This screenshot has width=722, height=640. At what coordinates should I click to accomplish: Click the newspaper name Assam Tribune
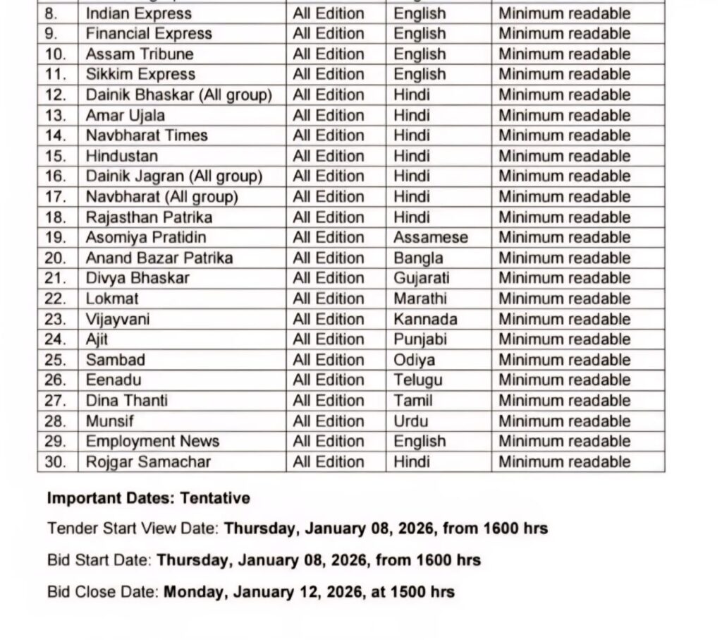click(139, 54)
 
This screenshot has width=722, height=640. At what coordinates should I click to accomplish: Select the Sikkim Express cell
click(140, 74)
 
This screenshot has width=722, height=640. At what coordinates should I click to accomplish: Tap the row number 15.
click(55, 156)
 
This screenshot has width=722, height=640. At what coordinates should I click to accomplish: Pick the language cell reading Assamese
click(430, 237)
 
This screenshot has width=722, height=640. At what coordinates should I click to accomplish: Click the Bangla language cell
click(418, 258)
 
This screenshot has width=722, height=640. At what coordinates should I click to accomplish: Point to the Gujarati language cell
click(421, 278)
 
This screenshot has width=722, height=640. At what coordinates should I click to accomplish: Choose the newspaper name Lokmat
click(112, 298)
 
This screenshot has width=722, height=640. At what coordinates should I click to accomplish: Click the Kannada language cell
click(425, 319)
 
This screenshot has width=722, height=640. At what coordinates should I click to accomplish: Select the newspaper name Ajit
click(97, 339)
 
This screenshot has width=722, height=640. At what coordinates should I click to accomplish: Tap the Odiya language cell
click(414, 360)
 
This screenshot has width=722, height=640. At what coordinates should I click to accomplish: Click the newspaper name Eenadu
click(114, 380)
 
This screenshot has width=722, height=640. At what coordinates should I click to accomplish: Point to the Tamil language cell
click(413, 401)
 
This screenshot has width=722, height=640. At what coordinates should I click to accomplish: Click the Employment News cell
click(152, 442)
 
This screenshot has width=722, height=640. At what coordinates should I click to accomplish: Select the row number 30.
click(55, 462)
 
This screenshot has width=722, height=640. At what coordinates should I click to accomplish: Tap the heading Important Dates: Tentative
click(148, 498)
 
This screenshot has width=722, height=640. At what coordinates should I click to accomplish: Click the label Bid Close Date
click(103, 591)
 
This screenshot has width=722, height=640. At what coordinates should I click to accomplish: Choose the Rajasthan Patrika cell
click(149, 217)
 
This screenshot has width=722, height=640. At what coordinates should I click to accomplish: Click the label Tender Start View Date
click(133, 529)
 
